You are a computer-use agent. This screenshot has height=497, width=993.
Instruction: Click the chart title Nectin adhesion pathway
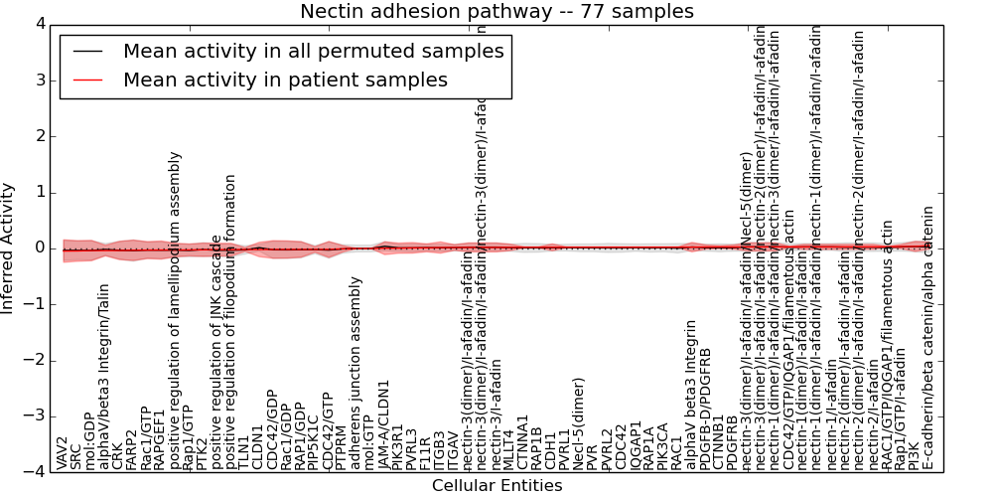pos(496,11)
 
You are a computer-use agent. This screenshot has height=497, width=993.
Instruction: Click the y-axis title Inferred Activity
pos(9,248)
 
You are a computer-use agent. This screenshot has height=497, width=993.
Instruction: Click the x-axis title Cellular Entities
pos(496,486)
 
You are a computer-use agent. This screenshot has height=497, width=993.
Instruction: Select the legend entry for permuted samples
pos(313,52)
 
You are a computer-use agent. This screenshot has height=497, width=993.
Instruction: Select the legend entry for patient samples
pos(285,80)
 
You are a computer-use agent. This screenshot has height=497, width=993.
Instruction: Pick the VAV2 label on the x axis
pos(63,451)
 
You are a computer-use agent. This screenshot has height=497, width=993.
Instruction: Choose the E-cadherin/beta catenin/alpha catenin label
pos(928,338)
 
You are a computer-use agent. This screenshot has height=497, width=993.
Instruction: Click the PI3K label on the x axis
pos(915,455)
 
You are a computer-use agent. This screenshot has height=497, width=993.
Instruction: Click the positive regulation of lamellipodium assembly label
pos(175,311)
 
